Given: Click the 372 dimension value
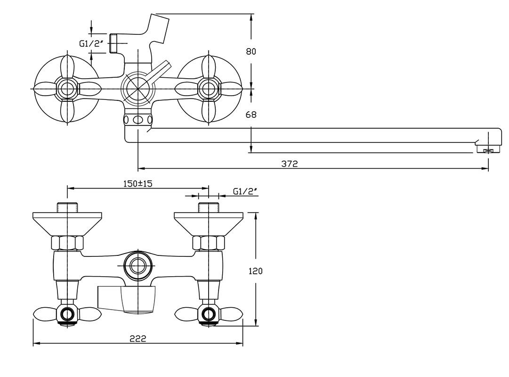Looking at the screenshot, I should [x=290, y=164].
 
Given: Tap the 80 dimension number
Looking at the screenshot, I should [x=251, y=51].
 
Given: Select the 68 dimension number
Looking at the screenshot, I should [x=251, y=114].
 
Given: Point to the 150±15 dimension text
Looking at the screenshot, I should [x=138, y=183].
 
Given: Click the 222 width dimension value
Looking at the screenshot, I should [x=138, y=338].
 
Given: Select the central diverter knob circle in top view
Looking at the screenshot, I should [x=137, y=88].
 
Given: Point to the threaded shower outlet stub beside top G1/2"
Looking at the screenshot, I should [x=113, y=43].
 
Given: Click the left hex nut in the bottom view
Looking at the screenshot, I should [x=67, y=243].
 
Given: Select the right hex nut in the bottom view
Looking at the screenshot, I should [x=209, y=243].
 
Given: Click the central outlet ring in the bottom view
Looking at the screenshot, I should [x=138, y=265].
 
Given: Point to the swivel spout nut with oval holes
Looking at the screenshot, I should [x=138, y=120].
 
